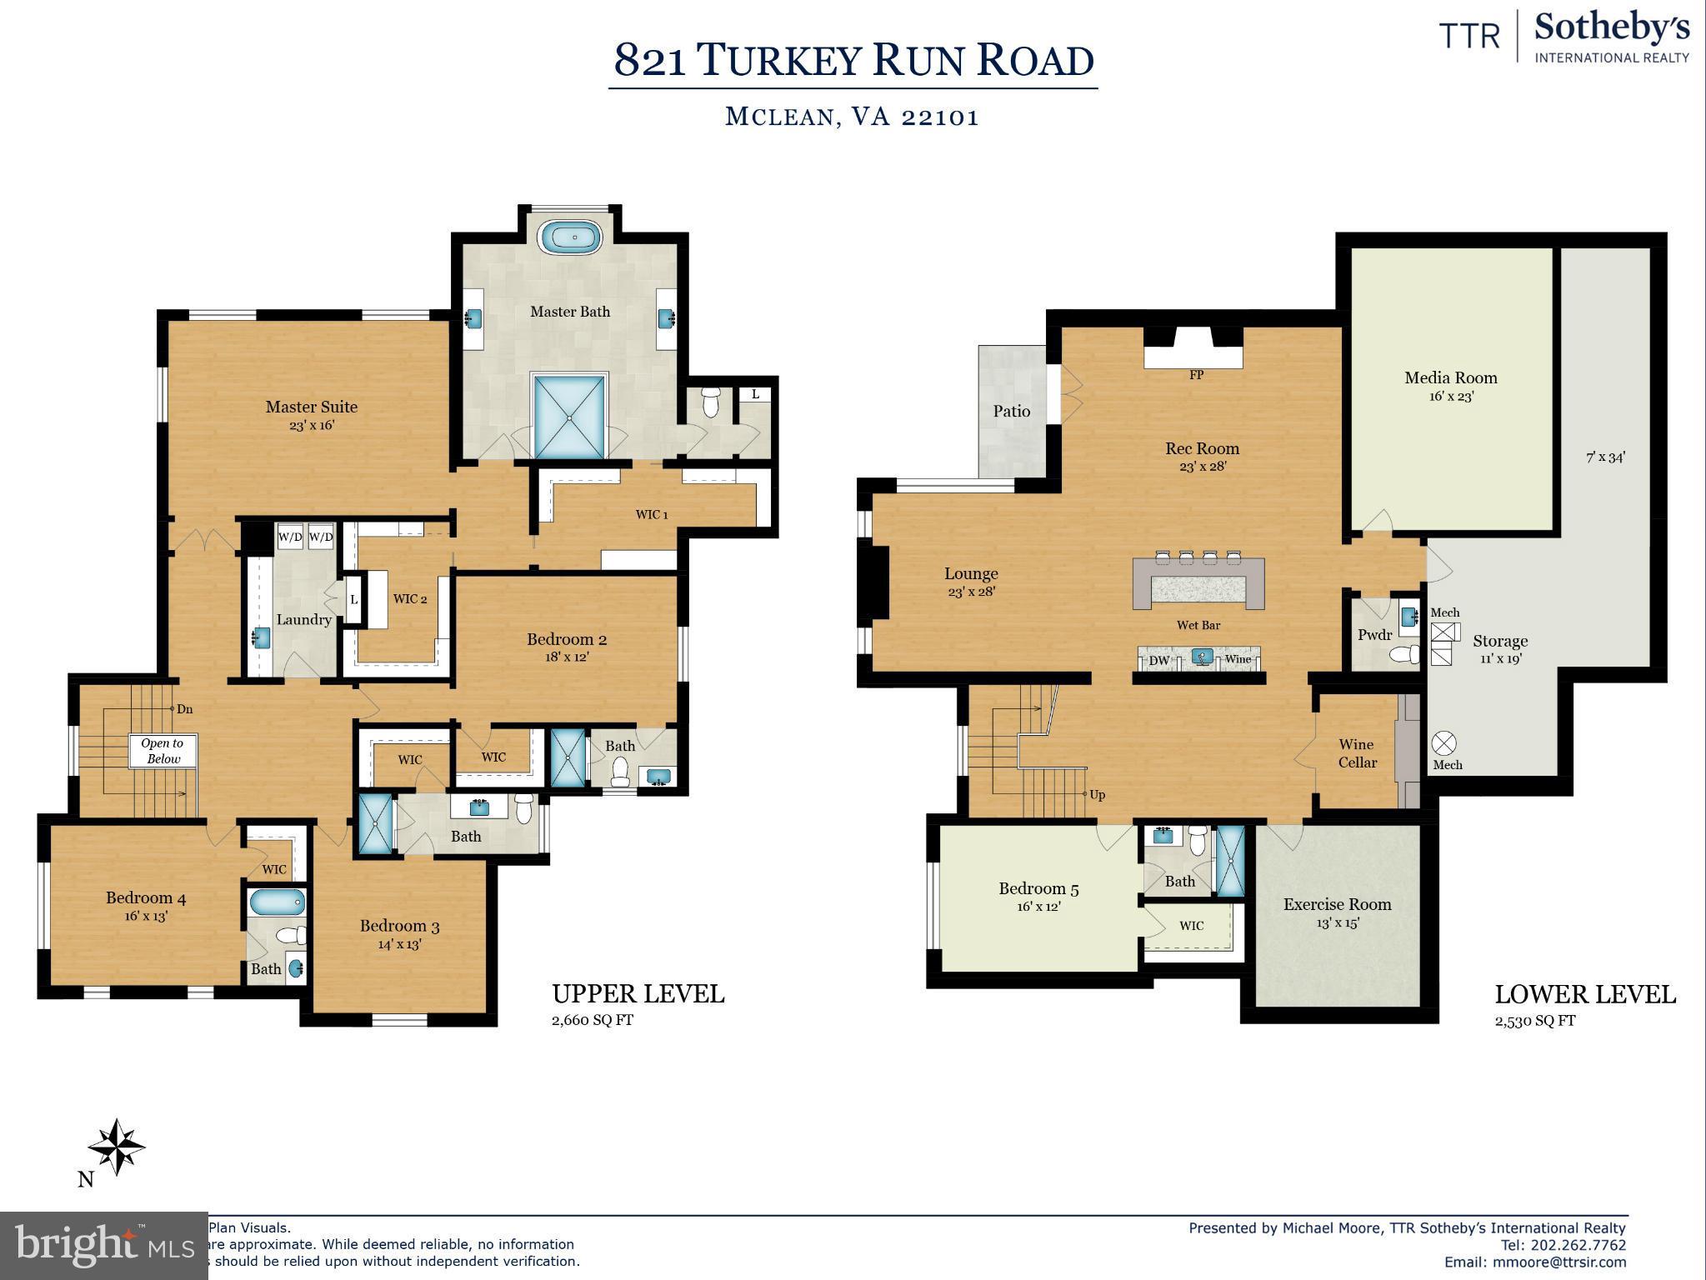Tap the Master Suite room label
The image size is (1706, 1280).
[x=312, y=407]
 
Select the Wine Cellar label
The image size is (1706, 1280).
[x=1358, y=753]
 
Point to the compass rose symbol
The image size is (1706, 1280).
[x=117, y=1147]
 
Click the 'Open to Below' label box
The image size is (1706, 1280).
[x=163, y=751]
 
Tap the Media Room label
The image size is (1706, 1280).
[x=1451, y=377]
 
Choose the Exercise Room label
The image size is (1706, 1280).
[x=1337, y=904]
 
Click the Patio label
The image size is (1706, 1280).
[x=1012, y=411]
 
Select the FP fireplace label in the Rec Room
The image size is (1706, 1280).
[x=1197, y=375]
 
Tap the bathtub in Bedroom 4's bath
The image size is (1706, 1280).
[x=275, y=902]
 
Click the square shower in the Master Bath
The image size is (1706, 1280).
[x=569, y=417]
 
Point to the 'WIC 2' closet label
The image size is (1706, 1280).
[x=410, y=599]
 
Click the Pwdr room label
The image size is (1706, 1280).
[x=1374, y=635]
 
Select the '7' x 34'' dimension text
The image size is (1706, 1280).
[x=1605, y=457]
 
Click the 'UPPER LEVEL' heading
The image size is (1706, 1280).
[x=638, y=994]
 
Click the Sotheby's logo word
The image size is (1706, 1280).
[x=1612, y=29]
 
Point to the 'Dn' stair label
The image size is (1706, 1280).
[x=184, y=709]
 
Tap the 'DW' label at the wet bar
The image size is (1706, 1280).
[x=1159, y=660]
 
